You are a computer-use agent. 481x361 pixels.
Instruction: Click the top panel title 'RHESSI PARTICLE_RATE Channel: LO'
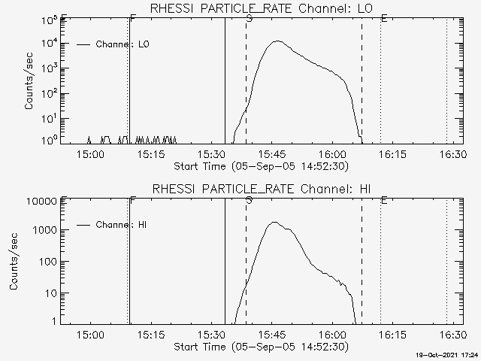point(260,8)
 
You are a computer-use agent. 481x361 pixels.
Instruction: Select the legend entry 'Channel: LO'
point(123,44)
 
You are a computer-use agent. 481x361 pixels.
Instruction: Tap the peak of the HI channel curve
point(274,223)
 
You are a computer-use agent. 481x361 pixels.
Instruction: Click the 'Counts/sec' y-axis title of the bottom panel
point(14,262)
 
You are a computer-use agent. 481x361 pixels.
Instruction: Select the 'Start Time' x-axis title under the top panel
point(260,165)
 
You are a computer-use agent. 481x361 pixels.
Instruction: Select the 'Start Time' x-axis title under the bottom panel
point(260,347)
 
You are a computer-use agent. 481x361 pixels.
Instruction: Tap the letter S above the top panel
point(249,17)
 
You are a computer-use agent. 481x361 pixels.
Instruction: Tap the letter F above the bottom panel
point(133,200)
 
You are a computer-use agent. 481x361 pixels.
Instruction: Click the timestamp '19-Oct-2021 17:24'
point(447,354)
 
